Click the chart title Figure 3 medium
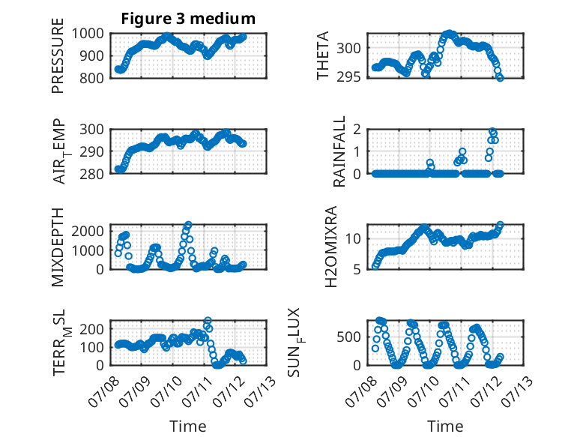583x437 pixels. [188, 18]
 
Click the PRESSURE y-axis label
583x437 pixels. [58, 55]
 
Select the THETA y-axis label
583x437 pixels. [323, 55]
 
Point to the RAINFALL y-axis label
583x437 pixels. [339, 151]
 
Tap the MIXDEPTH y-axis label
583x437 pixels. [58, 247]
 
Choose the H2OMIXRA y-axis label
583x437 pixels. [330, 247]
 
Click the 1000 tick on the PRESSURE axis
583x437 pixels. [88, 34]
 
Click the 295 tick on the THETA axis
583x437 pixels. [348, 77]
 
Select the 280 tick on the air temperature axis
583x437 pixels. [91, 174]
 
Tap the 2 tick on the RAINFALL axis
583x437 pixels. [357, 130]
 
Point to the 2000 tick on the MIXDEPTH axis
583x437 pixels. [88, 232]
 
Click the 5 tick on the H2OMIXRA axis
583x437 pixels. [357, 269]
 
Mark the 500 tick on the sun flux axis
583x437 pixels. [348, 337]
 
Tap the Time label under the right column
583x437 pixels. [445, 426]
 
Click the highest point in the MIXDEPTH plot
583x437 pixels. [188, 225]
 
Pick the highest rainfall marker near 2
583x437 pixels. [492, 131]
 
